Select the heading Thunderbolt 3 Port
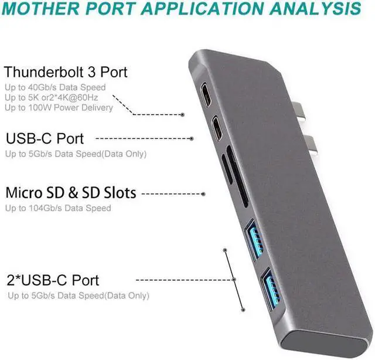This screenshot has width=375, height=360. tap(66, 73)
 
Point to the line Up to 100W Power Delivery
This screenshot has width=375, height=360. tap(59, 107)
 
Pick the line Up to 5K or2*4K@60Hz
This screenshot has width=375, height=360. tap(55, 97)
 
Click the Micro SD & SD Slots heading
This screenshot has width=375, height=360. tap(71, 193)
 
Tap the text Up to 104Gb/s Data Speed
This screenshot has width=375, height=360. tap(58, 208)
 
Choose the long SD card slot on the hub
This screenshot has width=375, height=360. tap(236, 175)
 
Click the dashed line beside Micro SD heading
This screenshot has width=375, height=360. tap(170, 193)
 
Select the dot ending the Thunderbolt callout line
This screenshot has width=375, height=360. tap(183, 115)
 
